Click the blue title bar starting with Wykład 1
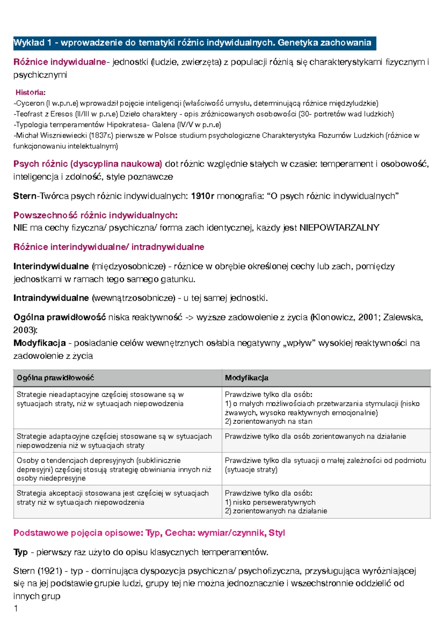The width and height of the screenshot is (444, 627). [194, 43]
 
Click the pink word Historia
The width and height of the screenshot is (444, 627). [30, 92]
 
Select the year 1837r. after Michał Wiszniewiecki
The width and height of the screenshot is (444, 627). [101, 135]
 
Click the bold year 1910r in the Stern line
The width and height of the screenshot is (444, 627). [202, 196]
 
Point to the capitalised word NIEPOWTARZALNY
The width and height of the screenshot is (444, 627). [339, 228]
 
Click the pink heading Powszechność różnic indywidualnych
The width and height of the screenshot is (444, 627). [95, 215]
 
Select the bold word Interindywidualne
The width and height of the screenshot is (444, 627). [51, 266]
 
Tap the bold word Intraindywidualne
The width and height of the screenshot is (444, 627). [51, 298]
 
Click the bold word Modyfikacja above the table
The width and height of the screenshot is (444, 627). [40, 343]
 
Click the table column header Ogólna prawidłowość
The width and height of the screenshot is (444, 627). [55, 378]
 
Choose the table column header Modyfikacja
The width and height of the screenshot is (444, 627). [246, 378]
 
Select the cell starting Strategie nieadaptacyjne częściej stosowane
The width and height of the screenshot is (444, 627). [100, 399]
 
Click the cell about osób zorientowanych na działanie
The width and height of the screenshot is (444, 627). [315, 437]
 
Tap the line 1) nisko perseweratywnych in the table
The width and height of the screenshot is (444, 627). [270, 502]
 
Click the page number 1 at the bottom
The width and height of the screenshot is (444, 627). [16, 609]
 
